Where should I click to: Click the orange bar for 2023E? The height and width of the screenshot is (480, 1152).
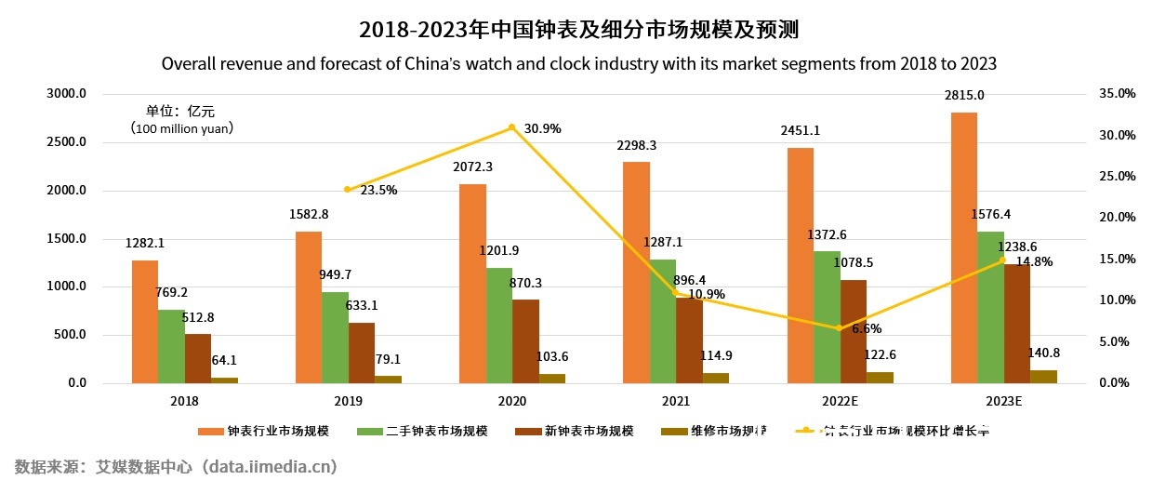tap(964, 247)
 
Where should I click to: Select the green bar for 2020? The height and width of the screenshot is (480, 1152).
tap(499, 326)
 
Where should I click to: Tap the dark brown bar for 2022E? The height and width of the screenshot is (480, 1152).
tap(853, 331)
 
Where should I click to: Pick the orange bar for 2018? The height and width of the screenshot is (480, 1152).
tap(144, 321)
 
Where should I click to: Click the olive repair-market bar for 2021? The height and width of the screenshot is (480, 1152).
tap(715, 378)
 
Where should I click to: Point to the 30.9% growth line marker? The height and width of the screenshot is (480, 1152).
tap(511, 127)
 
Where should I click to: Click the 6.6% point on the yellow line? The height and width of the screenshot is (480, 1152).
tap(840, 328)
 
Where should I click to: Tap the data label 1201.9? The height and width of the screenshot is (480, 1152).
tap(500, 250)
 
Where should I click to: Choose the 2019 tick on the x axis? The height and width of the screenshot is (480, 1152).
tap(348, 401)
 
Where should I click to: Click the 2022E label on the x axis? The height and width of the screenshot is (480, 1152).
tap(840, 401)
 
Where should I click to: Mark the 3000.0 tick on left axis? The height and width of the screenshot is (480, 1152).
tap(67, 94)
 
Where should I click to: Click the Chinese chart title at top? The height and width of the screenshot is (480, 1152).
tap(578, 30)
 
